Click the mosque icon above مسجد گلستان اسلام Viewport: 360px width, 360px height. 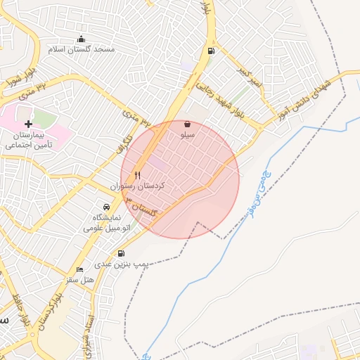[82, 39]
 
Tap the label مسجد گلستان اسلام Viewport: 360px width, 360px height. [82, 51]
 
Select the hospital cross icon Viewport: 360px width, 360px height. [28, 124]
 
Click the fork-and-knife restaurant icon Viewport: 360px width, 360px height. [138, 175]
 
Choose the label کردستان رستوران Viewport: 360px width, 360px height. [137, 186]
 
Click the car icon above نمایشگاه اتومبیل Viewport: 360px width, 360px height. [105, 207]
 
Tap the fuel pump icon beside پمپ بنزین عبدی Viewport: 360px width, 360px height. [122, 253]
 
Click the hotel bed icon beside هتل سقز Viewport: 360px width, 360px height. [79, 269]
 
